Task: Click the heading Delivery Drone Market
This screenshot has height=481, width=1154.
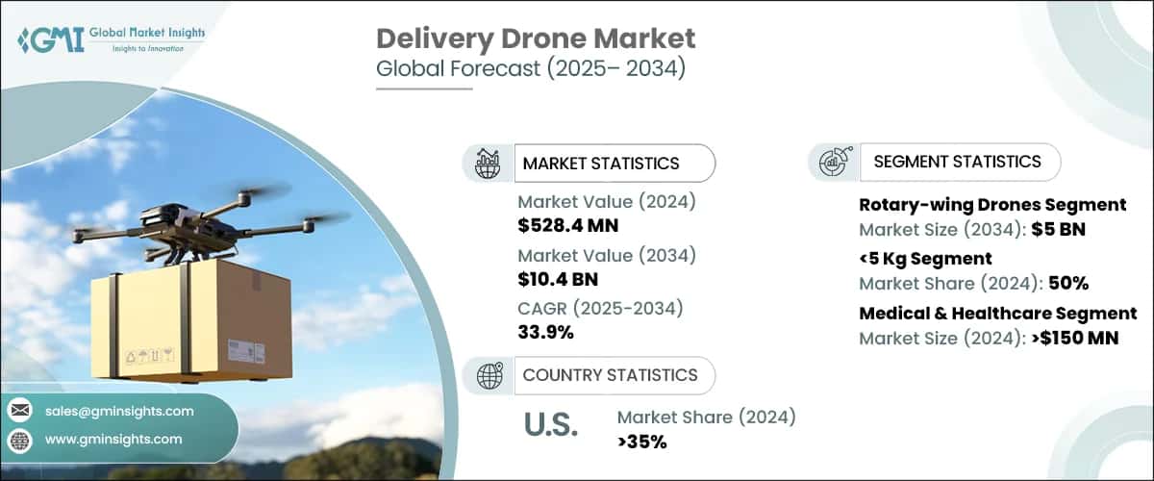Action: tap(536, 39)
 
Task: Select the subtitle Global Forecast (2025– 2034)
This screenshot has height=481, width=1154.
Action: tap(531, 71)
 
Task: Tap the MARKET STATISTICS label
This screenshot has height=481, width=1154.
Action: tap(601, 164)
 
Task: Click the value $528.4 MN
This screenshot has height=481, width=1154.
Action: tap(568, 226)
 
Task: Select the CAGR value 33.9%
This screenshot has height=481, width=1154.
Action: tap(546, 333)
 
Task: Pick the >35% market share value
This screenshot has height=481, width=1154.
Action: tap(643, 442)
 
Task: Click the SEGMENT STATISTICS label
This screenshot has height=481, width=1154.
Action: tap(957, 162)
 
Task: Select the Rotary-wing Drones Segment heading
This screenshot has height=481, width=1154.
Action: tap(991, 205)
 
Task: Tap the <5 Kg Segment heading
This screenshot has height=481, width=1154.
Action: tap(925, 259)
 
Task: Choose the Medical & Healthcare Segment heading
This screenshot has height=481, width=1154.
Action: tap(997, 313)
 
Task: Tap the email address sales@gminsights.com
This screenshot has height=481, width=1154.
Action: tap(119, 411)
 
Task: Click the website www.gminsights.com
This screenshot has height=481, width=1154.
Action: tap(113, 440)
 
